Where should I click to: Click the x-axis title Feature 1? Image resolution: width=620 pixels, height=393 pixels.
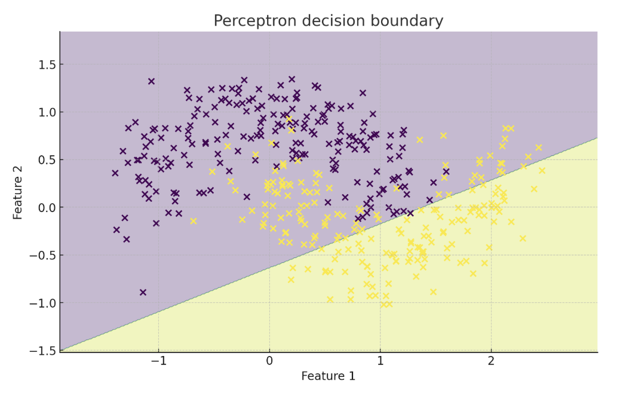(328, 376)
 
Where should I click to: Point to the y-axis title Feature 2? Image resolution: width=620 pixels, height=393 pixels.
(18, 192)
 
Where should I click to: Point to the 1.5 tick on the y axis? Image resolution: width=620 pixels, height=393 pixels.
(44, 65)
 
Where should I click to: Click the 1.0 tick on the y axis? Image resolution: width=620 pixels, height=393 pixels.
(44, 112)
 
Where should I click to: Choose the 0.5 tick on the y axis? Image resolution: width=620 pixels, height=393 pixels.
(44, 160)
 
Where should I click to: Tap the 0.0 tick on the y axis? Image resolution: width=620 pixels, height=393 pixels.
(44, 208)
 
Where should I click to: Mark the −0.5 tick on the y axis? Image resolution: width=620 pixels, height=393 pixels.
(41, 256)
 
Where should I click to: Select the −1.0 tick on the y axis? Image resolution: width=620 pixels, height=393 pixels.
(41, 303)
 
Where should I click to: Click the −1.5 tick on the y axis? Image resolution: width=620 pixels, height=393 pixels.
(41, 351)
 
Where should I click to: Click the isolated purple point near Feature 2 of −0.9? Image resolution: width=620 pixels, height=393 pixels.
(143, 293)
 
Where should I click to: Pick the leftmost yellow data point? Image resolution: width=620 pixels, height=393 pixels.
(194, 221)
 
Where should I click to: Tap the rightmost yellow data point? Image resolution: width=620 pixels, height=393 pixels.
(542, 170)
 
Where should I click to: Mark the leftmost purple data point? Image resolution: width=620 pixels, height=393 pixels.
(115, 173)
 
